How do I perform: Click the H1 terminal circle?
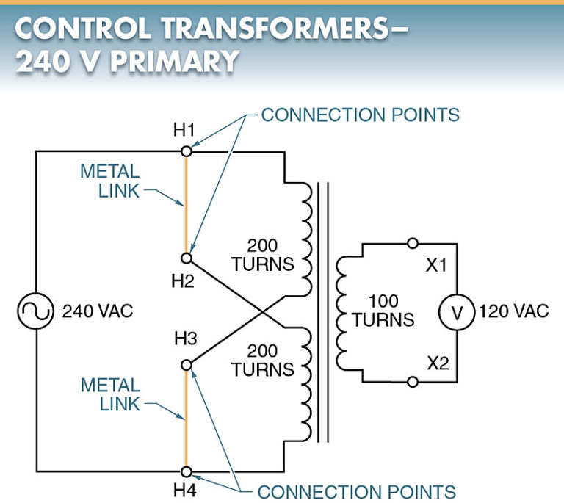186,151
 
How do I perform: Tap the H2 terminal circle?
186,258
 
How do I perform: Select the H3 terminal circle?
186,364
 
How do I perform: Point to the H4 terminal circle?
186,471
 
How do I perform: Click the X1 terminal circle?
413,243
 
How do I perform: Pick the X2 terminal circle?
413,382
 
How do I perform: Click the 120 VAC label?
513,311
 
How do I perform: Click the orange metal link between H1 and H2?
186,205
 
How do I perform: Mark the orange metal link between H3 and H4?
186,418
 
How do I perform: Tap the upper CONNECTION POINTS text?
360,115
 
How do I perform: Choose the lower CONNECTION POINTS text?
356,491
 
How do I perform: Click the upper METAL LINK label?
109,181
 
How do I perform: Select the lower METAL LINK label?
110,394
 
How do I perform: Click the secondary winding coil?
342,311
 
